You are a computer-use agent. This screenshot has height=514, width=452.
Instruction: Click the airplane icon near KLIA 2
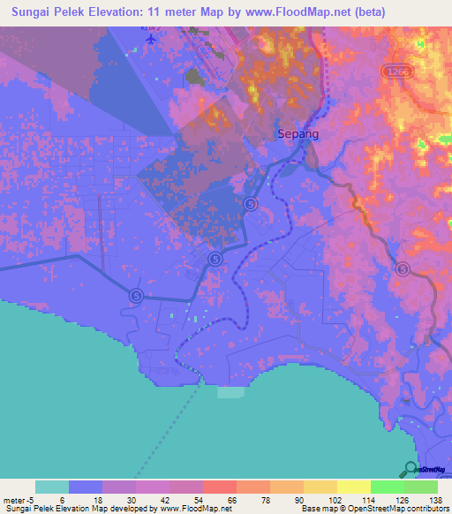tap(151, 39)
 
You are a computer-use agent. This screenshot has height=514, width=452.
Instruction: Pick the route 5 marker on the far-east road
tap(403, 269)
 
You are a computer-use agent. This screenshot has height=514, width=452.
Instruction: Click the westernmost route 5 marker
tap(136, 296)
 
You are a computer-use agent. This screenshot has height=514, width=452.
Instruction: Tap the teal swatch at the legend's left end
tap(51, 487)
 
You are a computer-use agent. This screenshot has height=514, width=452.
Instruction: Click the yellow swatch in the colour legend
tap(353, 487)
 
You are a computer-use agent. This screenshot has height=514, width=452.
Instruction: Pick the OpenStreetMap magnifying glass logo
tap(411, 470)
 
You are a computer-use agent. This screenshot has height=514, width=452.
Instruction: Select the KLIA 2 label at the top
tap(149, 28)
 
